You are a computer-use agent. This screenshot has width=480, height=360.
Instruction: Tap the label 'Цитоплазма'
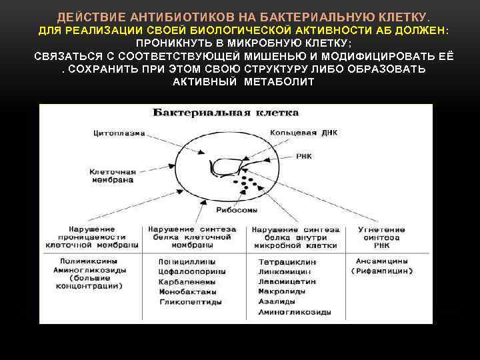pos(119,133)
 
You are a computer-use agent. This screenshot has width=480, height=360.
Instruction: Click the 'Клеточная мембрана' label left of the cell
pos(113,176)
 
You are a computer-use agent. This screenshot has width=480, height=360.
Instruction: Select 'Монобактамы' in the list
pos(188,291)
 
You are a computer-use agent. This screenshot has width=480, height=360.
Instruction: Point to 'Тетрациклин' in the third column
pos(287,262)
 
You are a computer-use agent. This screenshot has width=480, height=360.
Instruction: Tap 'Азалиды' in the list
pos(277,302)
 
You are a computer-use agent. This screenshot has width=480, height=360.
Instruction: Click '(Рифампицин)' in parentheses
pos(381,271)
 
